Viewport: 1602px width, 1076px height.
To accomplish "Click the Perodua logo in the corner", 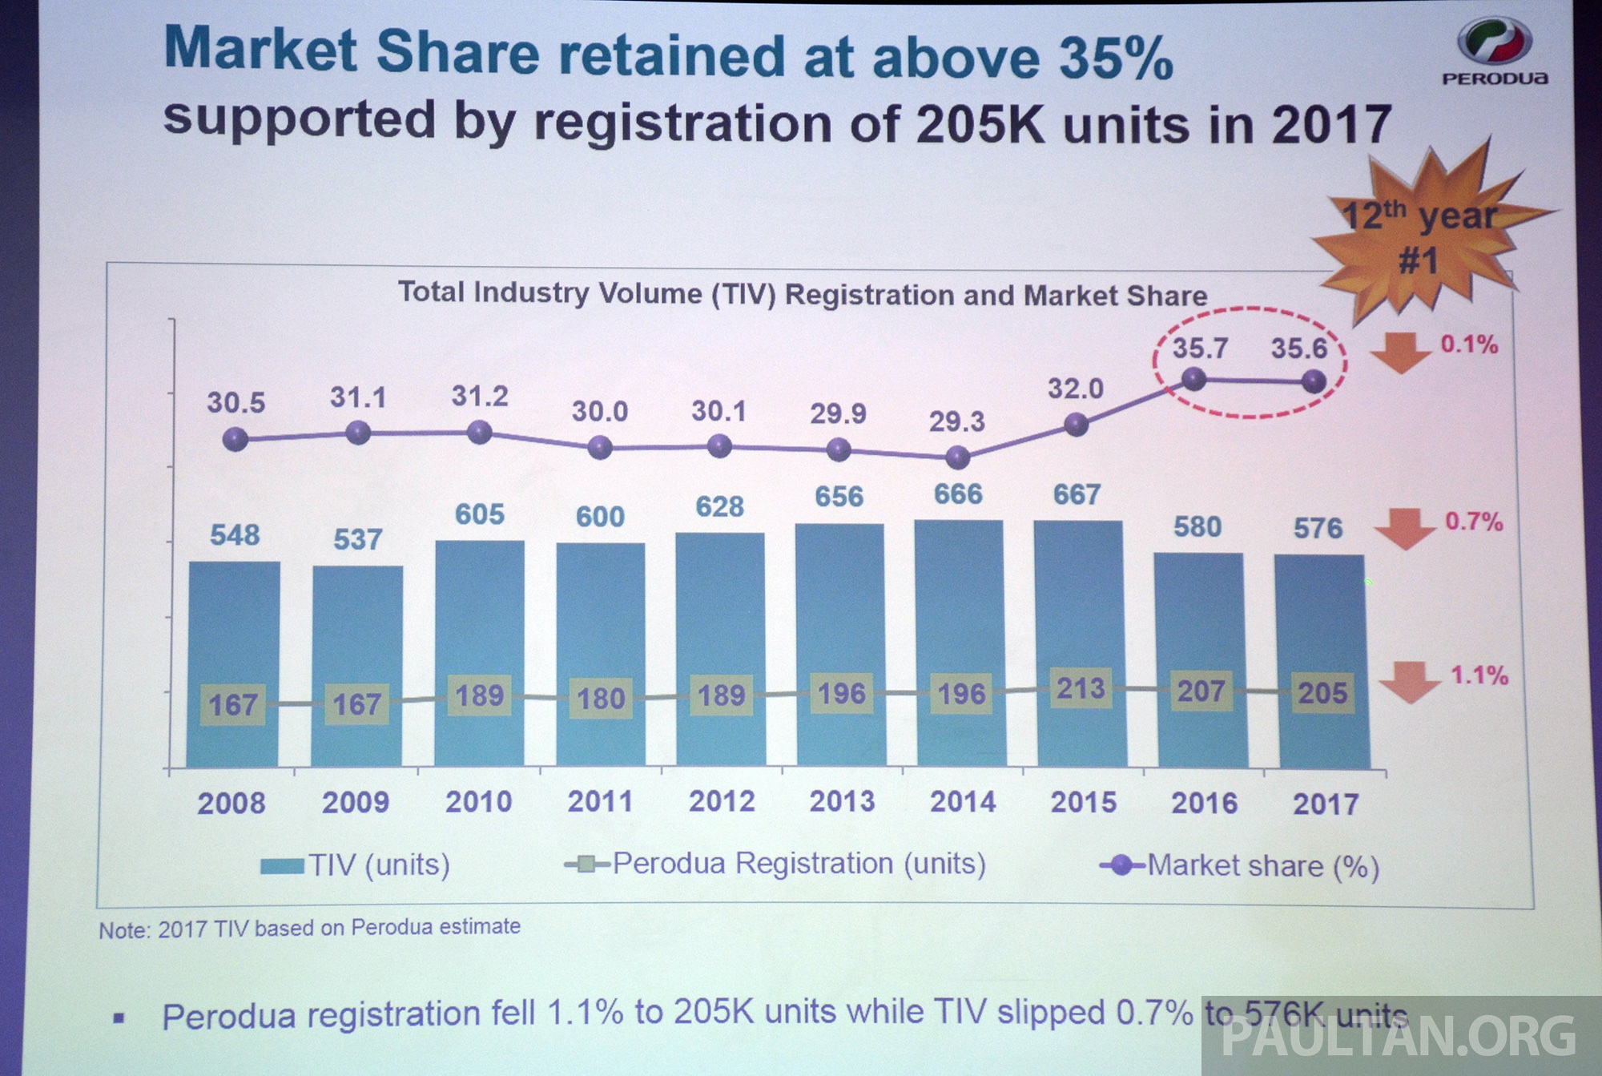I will [1494, 50].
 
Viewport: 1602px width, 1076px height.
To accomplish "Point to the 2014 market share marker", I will [958, 457].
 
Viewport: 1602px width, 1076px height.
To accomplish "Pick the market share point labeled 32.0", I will [1077, 425].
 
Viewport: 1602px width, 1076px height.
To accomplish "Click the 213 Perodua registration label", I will [1081, 688].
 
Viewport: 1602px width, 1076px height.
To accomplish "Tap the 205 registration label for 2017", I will [1322, 692].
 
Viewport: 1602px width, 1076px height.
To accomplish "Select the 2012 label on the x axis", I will [722, 801].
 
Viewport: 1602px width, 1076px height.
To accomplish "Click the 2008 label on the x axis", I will [231, 803].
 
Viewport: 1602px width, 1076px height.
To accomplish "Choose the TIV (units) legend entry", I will [356, 865].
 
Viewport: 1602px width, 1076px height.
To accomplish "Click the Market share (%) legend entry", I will [1240, 866].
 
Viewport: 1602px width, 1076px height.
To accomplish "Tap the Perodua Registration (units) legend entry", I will [775, 864].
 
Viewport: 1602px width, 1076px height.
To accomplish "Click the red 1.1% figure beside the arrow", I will [1479, 675].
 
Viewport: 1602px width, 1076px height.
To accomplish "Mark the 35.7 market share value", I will [1200, 349].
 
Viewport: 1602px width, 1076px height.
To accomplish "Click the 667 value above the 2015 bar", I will [1077, 494].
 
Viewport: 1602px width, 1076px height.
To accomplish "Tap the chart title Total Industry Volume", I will [802, 294].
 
